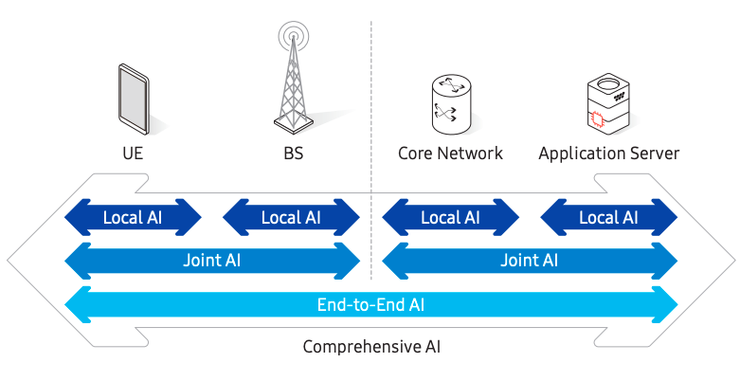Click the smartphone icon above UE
click(133, 98)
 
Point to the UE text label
click(133, 153)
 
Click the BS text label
click(293, 153)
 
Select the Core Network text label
click(450, 153)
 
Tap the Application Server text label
click(608, 153)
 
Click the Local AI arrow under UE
click(133, 217)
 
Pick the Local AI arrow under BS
click(292, 217)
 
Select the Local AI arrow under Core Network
click(450, 217)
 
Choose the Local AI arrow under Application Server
click(608, 217)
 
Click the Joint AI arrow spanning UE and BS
click(212, 261)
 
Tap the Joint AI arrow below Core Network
click(529, 261)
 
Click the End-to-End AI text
click(370, 305)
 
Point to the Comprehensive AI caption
click(370, 347)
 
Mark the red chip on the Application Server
click(597, 118)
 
